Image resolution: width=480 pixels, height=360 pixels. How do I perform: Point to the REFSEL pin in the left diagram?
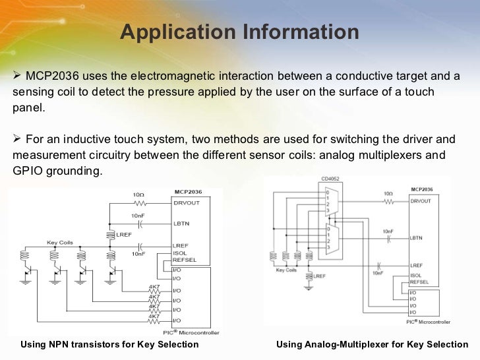click(x=184, y=259)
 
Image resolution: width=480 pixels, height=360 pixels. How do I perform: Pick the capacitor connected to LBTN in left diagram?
click(x=139, y=223)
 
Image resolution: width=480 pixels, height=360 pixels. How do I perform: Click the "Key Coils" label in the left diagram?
click(x=59, y=242)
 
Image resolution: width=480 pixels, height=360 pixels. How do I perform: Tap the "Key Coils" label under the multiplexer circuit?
click(x=286, y=270)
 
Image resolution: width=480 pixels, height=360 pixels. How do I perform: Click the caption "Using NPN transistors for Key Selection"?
click(x=109, y=344)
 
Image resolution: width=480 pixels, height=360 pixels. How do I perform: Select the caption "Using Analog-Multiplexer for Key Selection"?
click(x=372, y=344)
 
